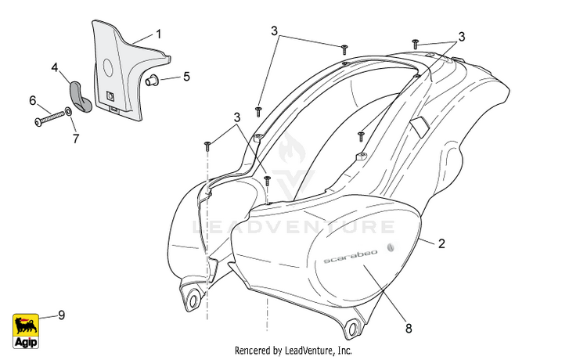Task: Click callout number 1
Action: click(158, 34)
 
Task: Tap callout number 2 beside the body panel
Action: click(441, 243)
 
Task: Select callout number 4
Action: click(55, 68)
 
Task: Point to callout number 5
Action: click(186, 77)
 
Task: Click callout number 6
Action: click(33, 100)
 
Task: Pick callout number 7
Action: click(76, 139)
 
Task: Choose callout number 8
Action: click(409, 328)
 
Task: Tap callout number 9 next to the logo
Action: click(61, 315)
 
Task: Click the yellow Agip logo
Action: click(27, 330)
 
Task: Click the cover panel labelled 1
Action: click(117, 67)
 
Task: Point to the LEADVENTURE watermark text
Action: click(293, 227)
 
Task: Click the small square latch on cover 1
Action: click(110, 97)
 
